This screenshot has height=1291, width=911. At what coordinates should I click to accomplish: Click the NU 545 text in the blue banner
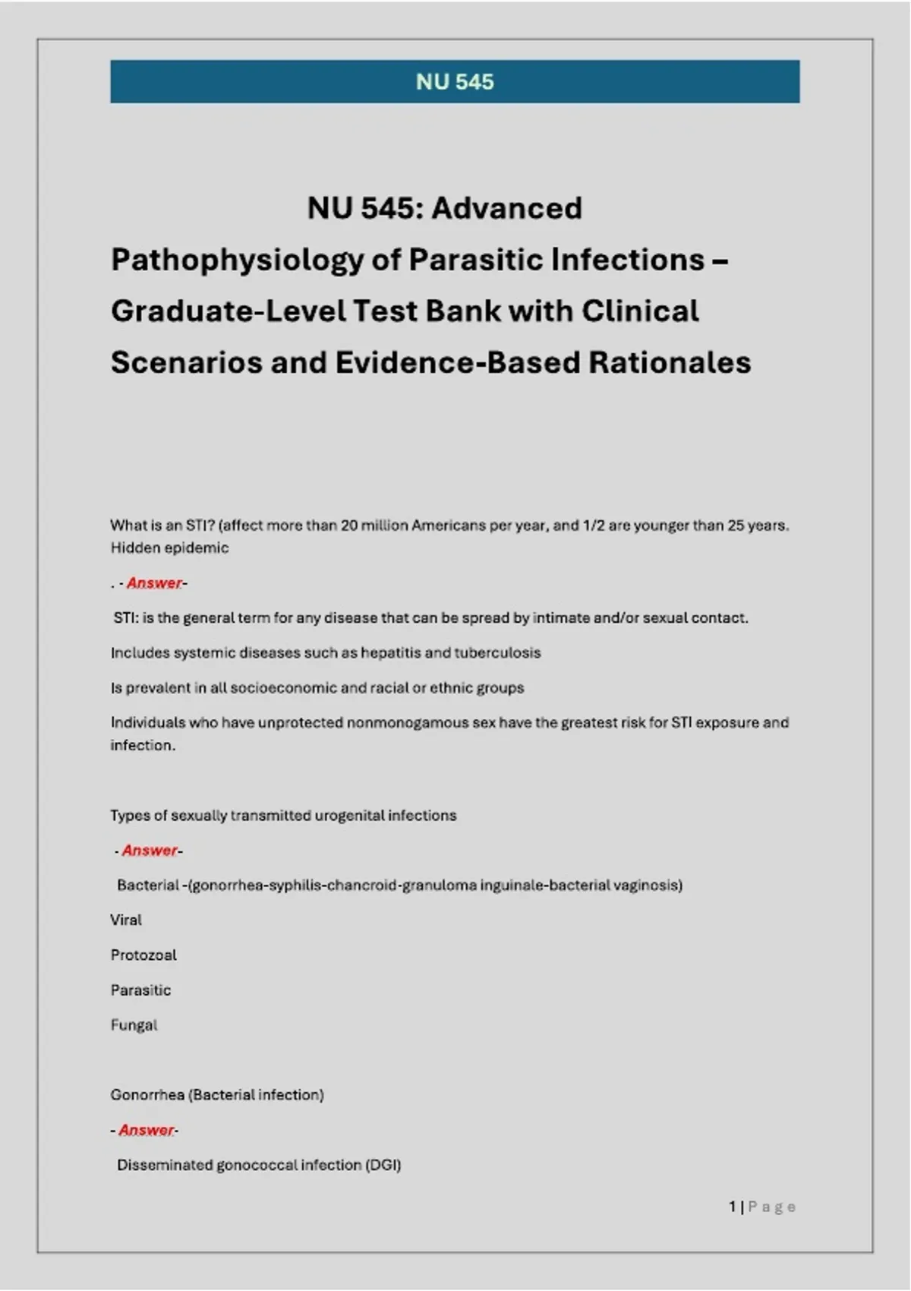click(455, 82)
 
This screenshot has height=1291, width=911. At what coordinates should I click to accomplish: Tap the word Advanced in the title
click(506, 208)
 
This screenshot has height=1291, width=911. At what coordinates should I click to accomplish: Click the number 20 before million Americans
click(348, 525)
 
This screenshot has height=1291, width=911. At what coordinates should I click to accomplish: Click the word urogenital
click(349, 815)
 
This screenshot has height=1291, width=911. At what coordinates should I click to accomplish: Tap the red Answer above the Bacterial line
click(150, 850)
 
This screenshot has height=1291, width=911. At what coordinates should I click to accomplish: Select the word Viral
click(126, 920)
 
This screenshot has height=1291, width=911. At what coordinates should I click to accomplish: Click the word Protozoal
click(143, 955)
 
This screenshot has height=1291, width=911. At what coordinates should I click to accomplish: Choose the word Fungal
click(134, 1024)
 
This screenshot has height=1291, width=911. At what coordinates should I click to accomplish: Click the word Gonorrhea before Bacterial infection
click(147, 1094)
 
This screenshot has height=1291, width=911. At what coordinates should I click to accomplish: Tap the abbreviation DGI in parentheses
click(383, 1164)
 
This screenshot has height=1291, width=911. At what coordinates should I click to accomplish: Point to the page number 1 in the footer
click(732, 1206)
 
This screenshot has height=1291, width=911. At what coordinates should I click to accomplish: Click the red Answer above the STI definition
click(154, 582)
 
